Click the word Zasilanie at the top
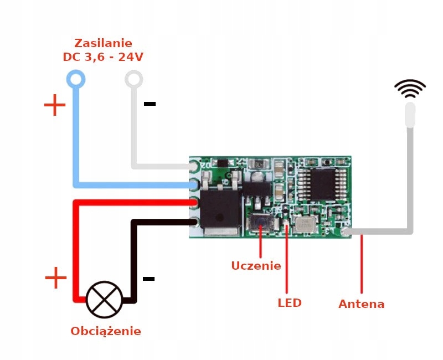click(x=103, y=43)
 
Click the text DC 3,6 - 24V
click(x=103, y=57)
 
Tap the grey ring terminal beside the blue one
click(x=134, y=79)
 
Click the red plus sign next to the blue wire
click(x=54, y=105)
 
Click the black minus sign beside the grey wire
click(x=150, y=104)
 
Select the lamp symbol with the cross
click(x=104, y=300)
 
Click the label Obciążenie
click(x=105, y=331)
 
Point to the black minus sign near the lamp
click(x=148, y=278)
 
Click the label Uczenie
click(x=256, y=266)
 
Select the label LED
click(x=289, y=303)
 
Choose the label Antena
click(x=361, y=304)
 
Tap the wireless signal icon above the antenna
click(x=410, y=88)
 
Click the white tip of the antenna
click(x=410, y=114)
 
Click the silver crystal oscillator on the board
click(x=304, y=224)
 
